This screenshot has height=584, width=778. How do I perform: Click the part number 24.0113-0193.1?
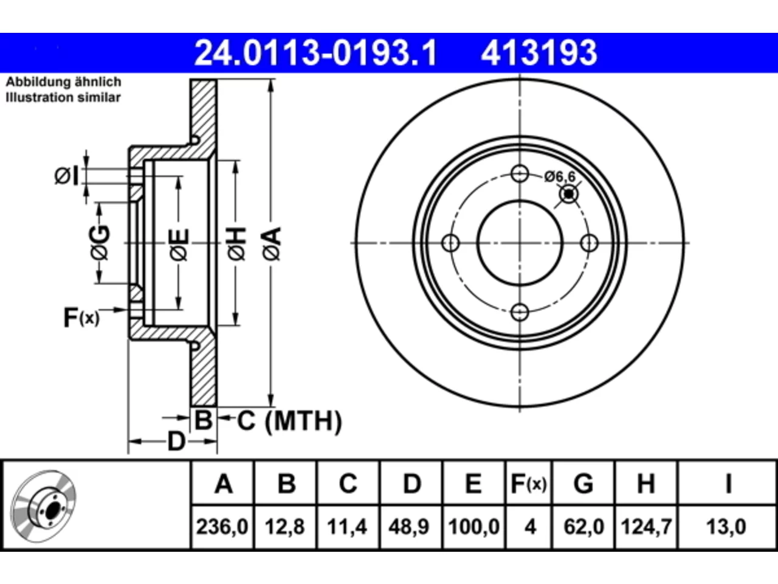pos(315,53)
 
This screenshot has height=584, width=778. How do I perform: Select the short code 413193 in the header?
pos(539,53)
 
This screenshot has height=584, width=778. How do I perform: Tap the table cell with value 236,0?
pos(222,527)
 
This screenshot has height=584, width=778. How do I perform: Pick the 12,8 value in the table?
pos(285,527)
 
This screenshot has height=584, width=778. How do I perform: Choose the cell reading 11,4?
pos(347,527)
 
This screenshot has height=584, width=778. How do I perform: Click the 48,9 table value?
pos(409,527)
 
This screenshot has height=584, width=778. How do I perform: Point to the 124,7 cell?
pos(646,527)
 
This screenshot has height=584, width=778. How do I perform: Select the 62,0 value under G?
pos(583,527)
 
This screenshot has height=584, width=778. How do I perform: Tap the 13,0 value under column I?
pos(726,527)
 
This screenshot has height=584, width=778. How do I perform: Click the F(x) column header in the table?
pos(529,484)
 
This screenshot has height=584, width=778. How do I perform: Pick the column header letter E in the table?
pos(473,484)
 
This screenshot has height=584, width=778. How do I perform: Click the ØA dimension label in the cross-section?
pos(272,243)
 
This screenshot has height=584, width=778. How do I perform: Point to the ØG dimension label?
pos(100,243)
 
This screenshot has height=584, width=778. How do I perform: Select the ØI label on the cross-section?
pos(66,176)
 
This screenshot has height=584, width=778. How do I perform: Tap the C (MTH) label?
pos(289,421)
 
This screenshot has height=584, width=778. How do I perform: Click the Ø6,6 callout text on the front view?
pos(560,176)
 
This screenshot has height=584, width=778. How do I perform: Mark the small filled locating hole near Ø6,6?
pos(568,194)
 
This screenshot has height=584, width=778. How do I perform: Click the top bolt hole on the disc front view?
pos(520,174)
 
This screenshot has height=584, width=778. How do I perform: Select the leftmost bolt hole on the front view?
pos(451,243)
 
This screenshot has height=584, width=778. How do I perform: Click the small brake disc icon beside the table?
pos(43,506)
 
